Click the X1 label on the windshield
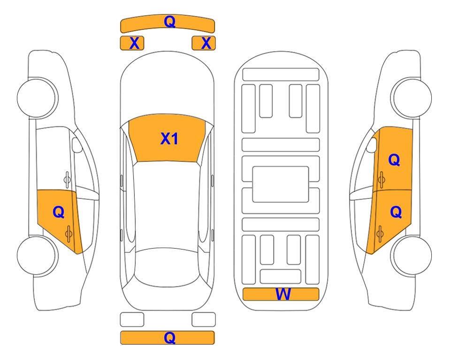[169, 139]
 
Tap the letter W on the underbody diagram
[283, 294]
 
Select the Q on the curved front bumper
[170, 21]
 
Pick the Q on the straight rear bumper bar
[170, 337]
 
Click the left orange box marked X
[132, 43]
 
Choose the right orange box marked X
[204, 43]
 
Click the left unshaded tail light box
[132, 320]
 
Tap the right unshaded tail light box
[204, 320]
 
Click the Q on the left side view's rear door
[59, 212]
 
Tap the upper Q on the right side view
[394, 160]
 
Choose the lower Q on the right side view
[396, 212]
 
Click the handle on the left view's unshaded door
[67, 180]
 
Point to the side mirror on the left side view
[77, 145]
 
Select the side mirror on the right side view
[372, 145]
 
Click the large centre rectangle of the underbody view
[281, 184]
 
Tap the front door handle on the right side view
[381, 180]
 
